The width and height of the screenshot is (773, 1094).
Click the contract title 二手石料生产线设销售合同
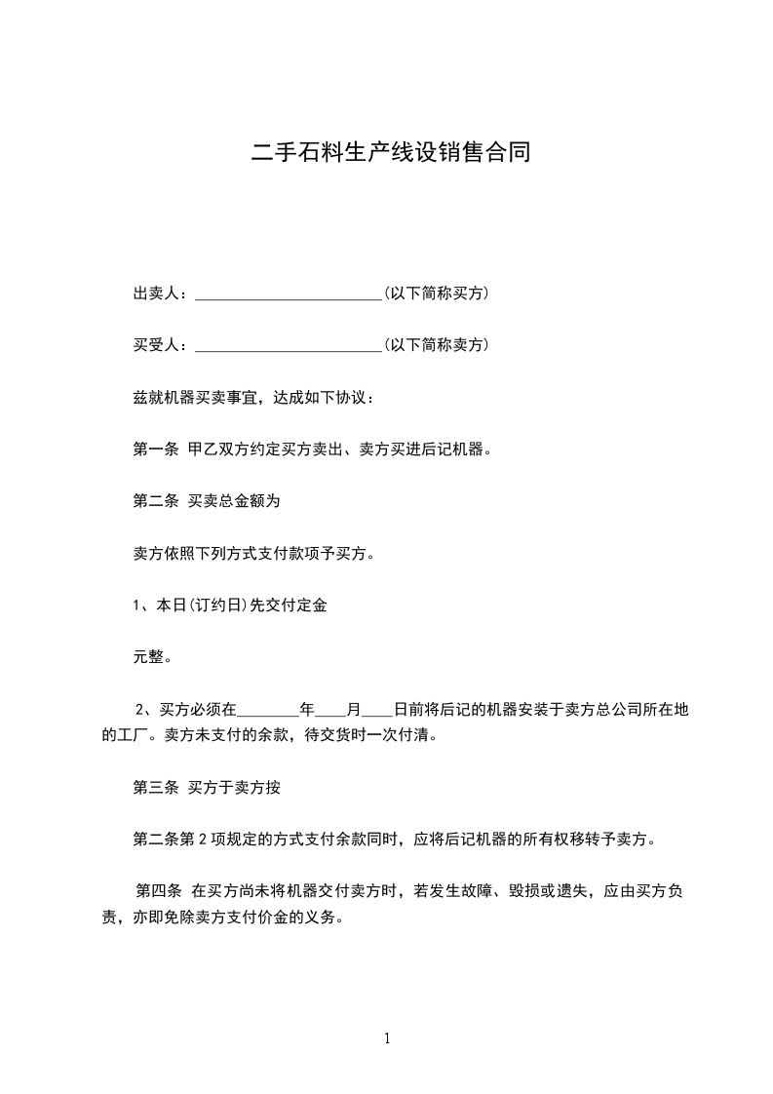click(390, 152)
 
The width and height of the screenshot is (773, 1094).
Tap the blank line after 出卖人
click(289, 295)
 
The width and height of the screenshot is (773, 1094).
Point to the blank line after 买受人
click(289, 347)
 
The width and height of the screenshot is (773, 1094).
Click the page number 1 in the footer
click(387, 1039)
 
